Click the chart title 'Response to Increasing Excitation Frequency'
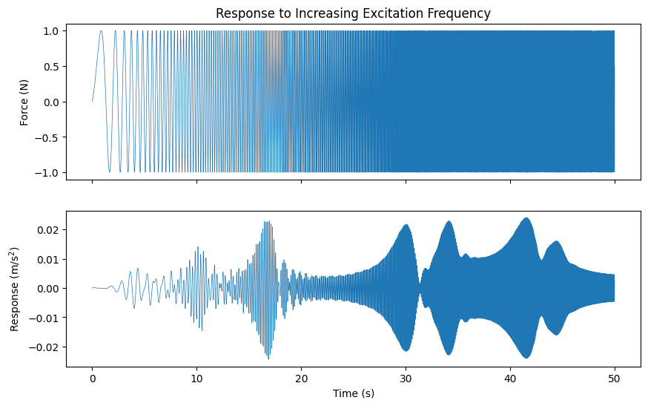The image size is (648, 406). tap(353, 13)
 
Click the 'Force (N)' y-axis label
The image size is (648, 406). tap(24, 102)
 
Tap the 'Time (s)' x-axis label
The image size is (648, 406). tap(353, 393)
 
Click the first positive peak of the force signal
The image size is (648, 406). tap(102, 31)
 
